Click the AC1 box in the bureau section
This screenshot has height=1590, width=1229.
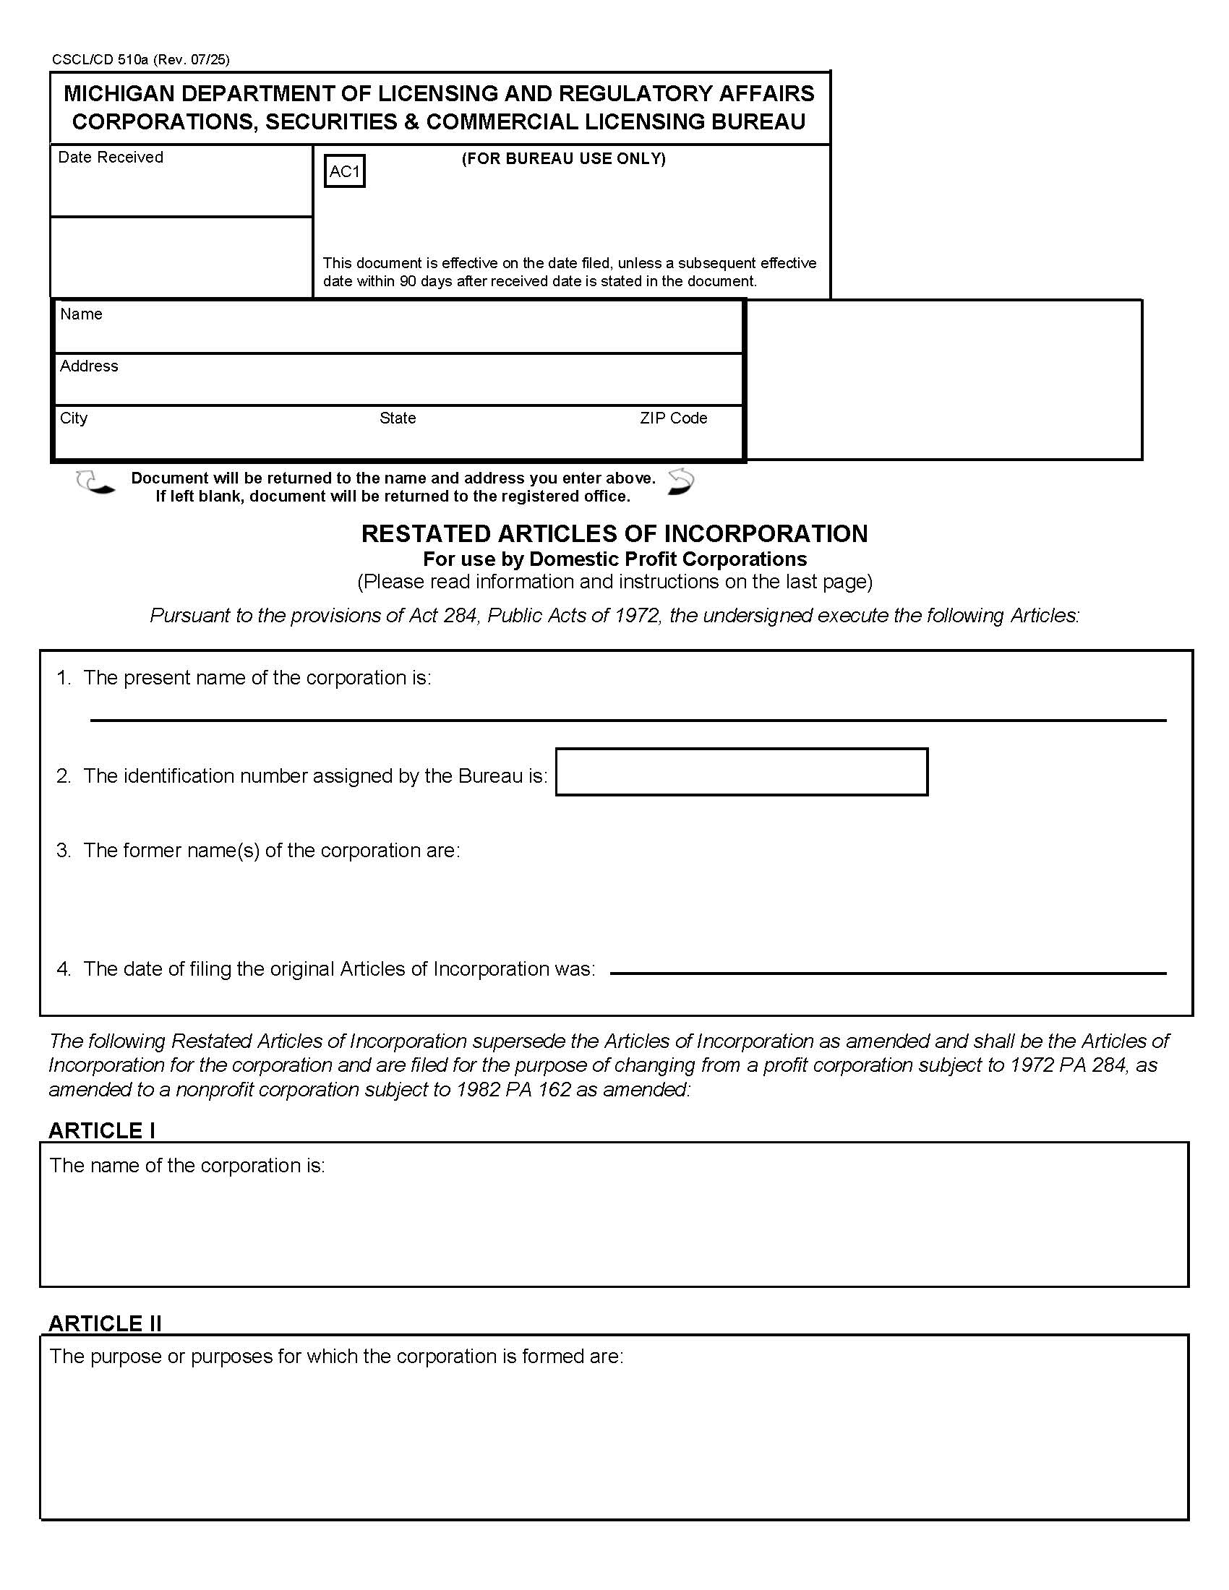(x=344, y=172)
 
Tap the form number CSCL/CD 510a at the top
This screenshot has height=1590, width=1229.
(x=100, y=60)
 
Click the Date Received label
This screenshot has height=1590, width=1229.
(x=111, y=158)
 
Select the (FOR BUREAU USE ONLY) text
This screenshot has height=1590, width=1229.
(x=564, y=159)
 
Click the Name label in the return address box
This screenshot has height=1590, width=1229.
(x=81, y=314)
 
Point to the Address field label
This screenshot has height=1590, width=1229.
(x=89, y=366)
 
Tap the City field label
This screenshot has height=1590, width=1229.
(x=74, y=418)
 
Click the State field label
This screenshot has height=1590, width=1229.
(x=398, y=418)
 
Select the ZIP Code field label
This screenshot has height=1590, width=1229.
(x=674, y=418)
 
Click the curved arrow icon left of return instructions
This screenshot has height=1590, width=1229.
(x=95, y=482)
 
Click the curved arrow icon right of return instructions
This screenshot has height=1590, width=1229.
(x=681, y=482)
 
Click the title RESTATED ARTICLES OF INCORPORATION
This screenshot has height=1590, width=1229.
(x=614, y=533)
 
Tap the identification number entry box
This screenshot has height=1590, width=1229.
(x=741, y=772)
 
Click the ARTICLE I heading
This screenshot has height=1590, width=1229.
(x=101, y=1130)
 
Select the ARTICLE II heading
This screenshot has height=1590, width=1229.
(x=105, y=1323)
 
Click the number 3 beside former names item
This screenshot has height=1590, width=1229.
(x=64, y=851)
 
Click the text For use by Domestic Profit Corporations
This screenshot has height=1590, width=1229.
(x=614, y=559)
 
